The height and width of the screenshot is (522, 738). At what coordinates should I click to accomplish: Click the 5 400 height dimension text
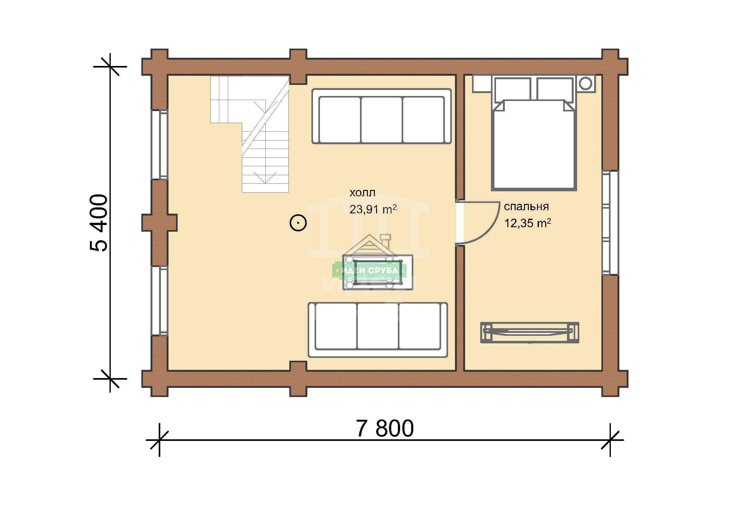coord(99,223)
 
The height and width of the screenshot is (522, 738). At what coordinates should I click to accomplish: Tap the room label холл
coord(362,193)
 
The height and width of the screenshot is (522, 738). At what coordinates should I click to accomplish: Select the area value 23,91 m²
coord(373,209)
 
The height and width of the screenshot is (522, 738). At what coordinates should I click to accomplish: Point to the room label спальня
coord(526,207)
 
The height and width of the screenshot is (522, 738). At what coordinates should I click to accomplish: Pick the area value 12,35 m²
coord(528,223)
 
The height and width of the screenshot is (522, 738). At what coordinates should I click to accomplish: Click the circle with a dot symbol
coord(298,223)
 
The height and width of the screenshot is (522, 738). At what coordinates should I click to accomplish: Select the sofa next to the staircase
coord(381,116)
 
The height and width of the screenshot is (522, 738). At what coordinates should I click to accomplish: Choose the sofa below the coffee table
coord(378,330)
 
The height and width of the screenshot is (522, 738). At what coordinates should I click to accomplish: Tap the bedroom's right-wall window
coord(611,223)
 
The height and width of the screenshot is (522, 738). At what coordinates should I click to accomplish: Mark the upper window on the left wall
coord(159,145)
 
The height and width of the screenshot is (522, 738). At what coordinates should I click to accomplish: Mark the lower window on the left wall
coord(159,301)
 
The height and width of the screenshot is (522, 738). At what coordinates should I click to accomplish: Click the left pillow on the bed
coord(512,89)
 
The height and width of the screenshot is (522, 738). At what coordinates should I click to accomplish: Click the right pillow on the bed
coord(555,89)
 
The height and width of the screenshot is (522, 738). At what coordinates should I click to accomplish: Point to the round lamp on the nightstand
coord(585,84)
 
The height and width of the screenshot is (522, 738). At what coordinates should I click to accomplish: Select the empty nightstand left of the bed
coord(482,84)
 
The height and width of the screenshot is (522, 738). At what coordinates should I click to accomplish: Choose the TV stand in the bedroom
coord(530,333)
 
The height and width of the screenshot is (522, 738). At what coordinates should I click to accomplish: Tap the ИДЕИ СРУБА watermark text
coord(369,270)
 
